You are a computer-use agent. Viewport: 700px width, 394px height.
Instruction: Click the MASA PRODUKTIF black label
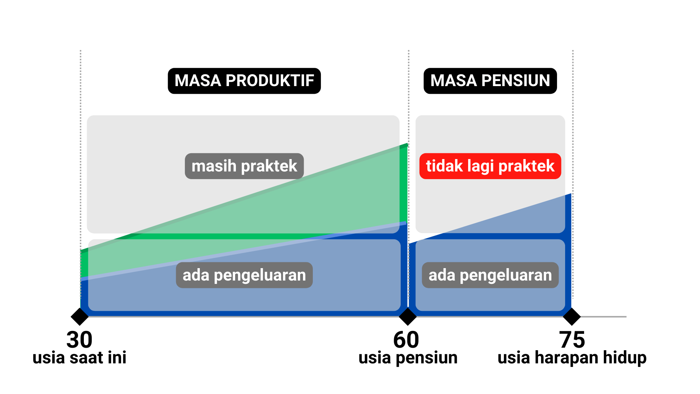(244, 81)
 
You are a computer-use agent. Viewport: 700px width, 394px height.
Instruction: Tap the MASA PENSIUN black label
(490, 81)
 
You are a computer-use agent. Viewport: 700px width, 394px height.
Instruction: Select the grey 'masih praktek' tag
(244, 166)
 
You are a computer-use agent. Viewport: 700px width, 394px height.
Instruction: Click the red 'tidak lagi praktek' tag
(490, 166)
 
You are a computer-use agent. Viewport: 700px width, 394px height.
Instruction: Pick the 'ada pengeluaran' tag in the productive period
(244, 275)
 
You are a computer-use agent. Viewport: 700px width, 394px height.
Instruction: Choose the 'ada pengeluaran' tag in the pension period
(490, 275)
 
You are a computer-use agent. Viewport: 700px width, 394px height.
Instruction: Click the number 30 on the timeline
(79, 340)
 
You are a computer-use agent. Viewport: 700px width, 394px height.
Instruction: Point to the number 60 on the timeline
(406, 340)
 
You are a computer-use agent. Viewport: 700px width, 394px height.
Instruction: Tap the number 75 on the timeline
(572, 340)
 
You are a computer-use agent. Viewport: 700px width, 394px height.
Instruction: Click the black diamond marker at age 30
(80, 316)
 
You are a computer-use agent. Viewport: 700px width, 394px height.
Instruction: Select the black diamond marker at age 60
(408, 316)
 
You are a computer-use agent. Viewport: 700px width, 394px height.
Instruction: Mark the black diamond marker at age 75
(572, 316)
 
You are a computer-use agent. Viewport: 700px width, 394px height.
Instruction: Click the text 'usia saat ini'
(79, 358)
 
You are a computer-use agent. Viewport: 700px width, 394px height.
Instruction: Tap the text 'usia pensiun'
(408, 358)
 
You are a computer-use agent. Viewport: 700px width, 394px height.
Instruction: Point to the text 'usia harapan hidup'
(572, 358)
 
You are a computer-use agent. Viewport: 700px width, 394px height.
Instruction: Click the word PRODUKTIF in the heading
(270, 81)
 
